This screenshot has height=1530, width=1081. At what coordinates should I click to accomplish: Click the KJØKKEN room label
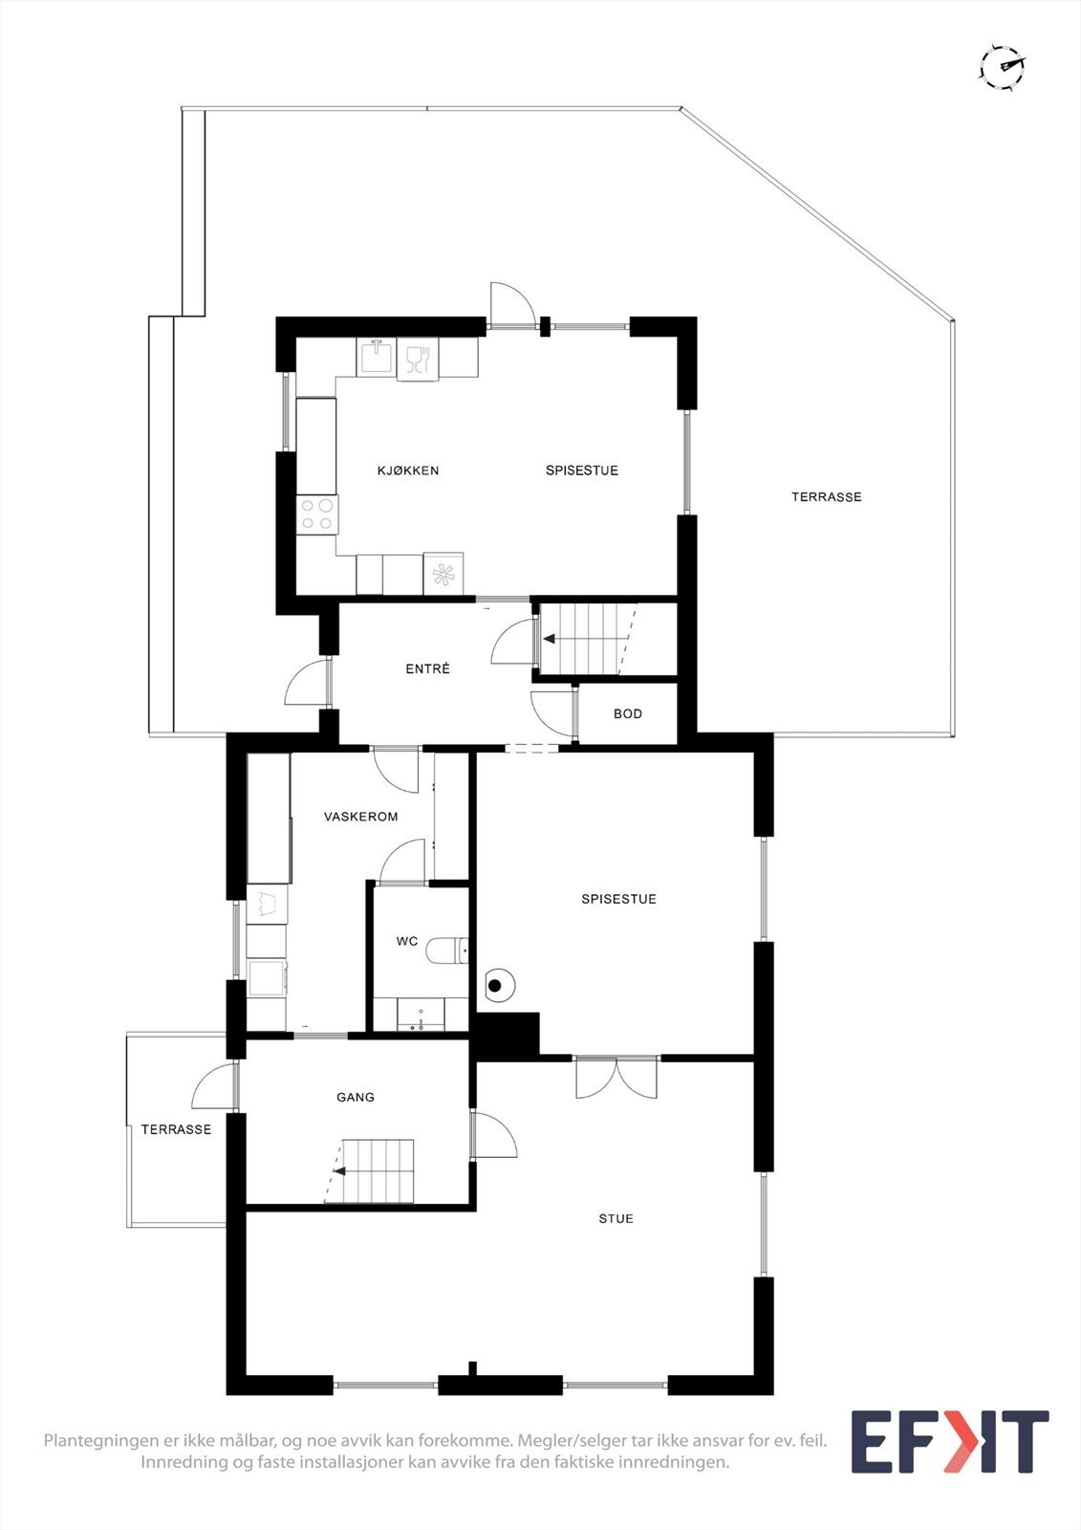408,470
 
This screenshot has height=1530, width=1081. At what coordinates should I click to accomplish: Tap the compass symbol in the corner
1002,67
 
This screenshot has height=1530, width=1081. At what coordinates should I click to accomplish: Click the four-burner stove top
316,514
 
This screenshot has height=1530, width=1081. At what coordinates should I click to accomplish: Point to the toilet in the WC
447,951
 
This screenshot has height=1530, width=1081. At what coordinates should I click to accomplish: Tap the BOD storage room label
628,714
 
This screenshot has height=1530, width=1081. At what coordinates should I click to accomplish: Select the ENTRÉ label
427,669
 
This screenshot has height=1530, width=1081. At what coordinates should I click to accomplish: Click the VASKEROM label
360,817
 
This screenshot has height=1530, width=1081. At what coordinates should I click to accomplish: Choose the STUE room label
616,1219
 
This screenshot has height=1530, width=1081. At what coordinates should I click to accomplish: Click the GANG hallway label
356,1098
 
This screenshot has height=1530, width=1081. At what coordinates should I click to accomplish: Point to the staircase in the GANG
377,1170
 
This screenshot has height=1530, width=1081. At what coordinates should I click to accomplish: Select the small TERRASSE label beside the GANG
176,1130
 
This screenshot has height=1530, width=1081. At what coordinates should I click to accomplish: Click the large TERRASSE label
826,497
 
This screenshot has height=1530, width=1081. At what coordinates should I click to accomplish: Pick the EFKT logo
949,1442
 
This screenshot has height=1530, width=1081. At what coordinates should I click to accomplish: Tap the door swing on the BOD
551,710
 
